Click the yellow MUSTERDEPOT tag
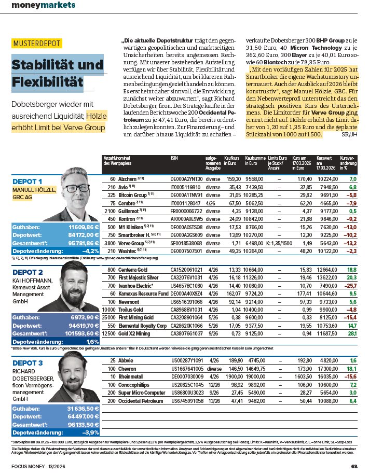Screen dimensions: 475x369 point(36,44)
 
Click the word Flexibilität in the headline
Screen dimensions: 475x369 point(47,81)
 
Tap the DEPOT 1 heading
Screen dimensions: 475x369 point(27,181)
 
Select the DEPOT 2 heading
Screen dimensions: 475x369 point(28,272)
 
